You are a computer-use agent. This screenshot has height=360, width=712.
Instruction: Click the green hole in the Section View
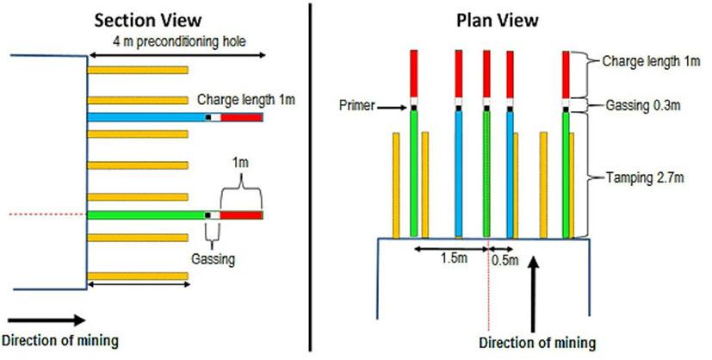coord(146,214)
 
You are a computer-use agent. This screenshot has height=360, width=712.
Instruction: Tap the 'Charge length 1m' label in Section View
coord(245,99)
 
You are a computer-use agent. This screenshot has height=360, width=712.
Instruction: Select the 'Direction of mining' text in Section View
coord(59,341)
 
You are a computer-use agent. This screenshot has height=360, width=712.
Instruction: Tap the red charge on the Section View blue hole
coord(242,117)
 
